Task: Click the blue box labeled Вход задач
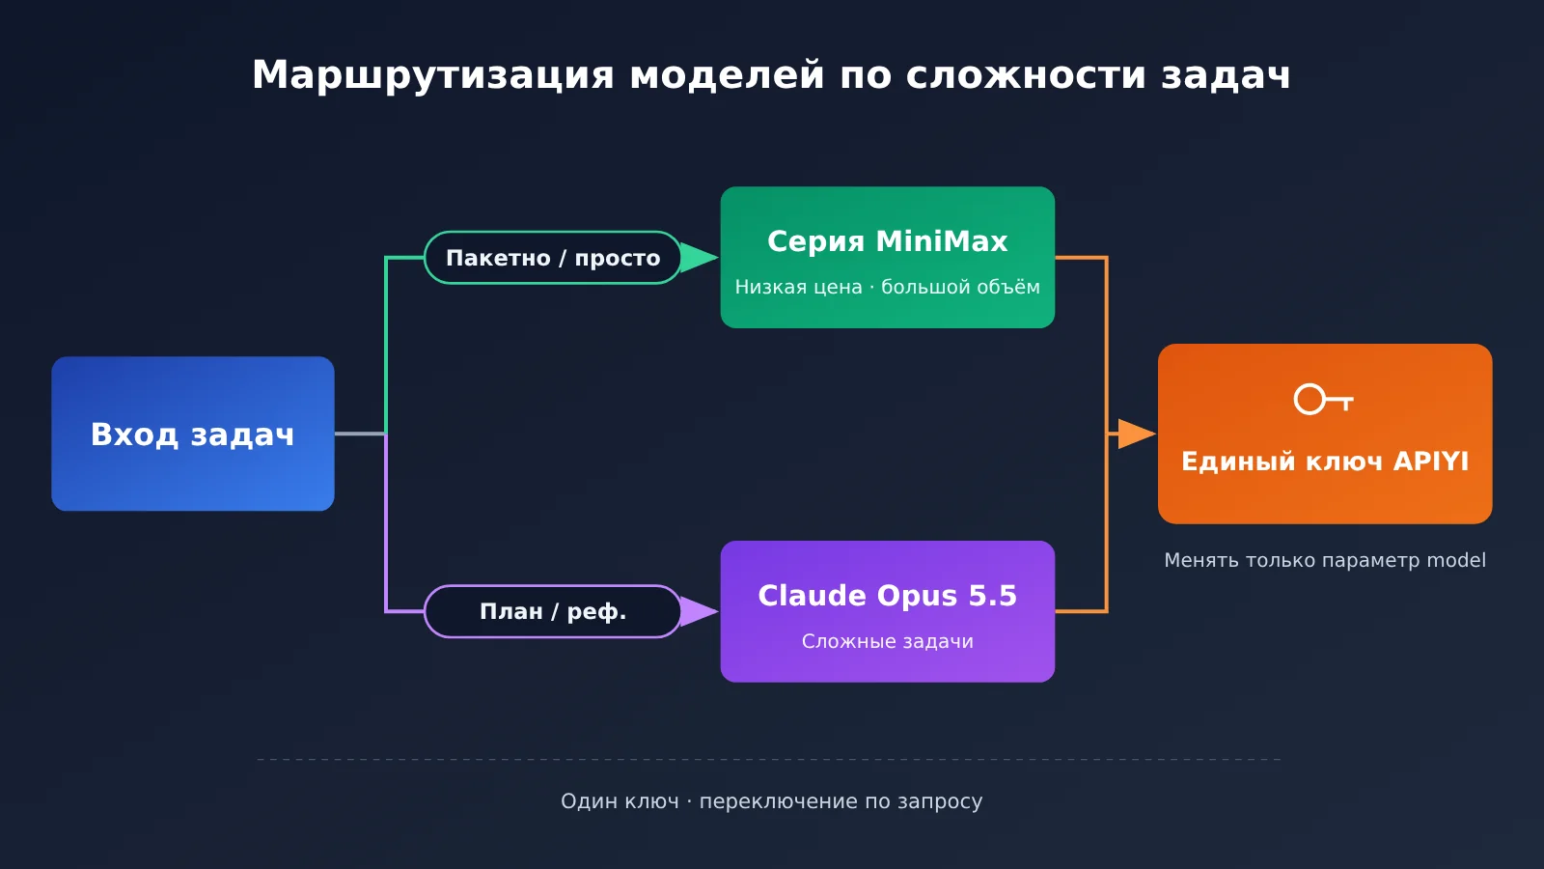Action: pyautogui.click(x=193, y=434)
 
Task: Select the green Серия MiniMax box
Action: pyautogui.click(x=888, y=257)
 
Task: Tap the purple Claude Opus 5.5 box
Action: pyautogui.click(x=888, y=612)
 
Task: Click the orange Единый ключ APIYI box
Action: pyautogui.click(x=1325, y=434)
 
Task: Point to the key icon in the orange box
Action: pyautogui.click(x=1323, y=400)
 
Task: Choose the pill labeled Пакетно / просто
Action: pyautogui.click(x=553, y=258)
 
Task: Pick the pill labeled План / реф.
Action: pyautogui.click(x=553, y=612)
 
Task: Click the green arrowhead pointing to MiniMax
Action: pyautogui.click(x=699, y=258)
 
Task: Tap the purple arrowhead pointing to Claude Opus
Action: pyautogui.click(x=699, y=612)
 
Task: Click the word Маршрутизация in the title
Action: pyautogui.click(x=433, y=75)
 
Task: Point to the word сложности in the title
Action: pyautogui.click(x=1025, y=75)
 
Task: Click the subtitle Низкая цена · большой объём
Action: pyautogui.click(x=888, y=287)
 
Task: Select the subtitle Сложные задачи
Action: pyautogui.click(x=888, y=641)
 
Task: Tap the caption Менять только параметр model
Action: pyautogui.click(x=1325, y=560)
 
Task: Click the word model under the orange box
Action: pyautogui.click(x=1456, y=560)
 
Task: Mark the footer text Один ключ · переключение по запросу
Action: pyautogui.click(x=771, y=801)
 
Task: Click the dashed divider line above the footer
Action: pyautogui.click(x=769, y=759)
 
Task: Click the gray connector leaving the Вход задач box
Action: pyautogui.click(x=360, y=434)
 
